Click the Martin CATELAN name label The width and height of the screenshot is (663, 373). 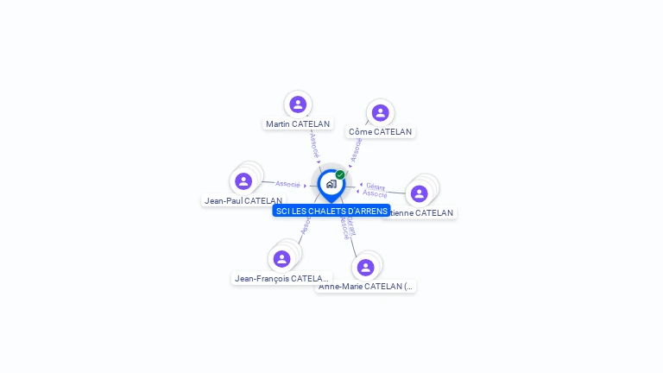(298, 124)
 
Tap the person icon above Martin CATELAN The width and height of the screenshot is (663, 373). (298, 104)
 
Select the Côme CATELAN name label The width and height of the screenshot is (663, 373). (380, 132)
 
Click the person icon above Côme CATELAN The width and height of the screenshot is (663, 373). (380, 113)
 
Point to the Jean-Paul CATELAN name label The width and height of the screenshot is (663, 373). (243, 200)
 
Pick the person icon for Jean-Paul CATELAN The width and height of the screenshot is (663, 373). (243, 181)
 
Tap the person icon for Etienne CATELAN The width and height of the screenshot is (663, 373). (419, 193)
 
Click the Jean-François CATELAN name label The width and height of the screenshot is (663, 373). (281, 278)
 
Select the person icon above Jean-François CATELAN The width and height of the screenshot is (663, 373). (281, 258)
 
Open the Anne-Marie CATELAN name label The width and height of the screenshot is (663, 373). (366, 286)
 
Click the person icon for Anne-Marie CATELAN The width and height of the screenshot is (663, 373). (365, 267)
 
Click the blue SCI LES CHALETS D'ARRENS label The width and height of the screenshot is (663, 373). (331, 211)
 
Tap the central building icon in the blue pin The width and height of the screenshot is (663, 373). (331, 183)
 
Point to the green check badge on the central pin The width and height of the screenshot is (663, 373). (340, 174)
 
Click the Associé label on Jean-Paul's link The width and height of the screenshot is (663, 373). (287, 184)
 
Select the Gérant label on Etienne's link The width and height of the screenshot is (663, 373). (376, 186)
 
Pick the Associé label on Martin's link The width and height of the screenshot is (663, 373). (314, 144)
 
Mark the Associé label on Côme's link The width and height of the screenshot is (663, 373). (356, 149)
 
